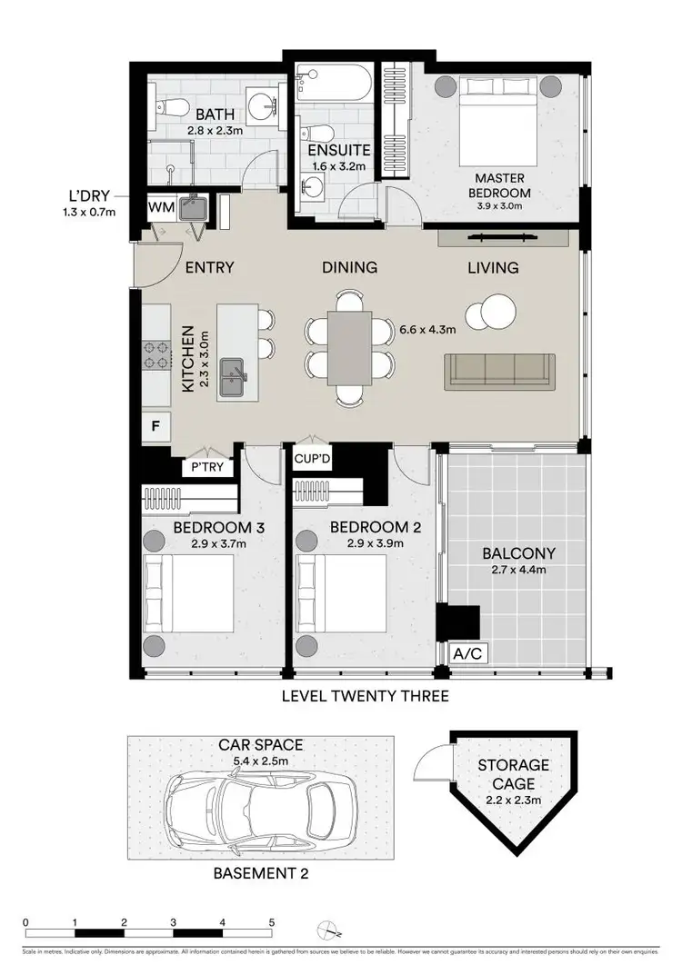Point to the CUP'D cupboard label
click(x=312, y=461)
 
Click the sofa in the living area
click(x=499, y=372)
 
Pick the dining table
click(x=349, y=350)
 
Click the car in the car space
click(x=260, y=801)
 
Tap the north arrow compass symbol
click(x=329, y=930)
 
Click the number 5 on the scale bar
click(x=271, y=921)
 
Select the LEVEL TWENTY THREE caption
click(x=365, y=697)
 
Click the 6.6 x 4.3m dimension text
click(x=427, y=330)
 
